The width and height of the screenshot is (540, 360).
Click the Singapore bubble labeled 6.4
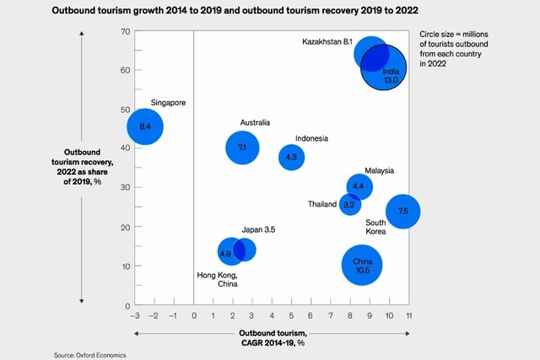click(144, 126)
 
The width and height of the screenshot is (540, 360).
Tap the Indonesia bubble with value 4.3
click(291, 157)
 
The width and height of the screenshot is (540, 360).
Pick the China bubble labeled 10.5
click(363, 266)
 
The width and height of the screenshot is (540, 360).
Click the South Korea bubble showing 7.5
click(402, 211)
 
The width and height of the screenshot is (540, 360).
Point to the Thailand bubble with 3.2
click(349, 205)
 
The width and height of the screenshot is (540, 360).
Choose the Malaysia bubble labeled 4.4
click(359, 186)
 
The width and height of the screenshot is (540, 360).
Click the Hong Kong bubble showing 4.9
click(225, 252)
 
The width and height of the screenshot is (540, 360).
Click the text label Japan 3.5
click(259, 229)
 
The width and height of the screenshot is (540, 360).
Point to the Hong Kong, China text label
click(217, 281)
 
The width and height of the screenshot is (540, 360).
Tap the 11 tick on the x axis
click(408, 315)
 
